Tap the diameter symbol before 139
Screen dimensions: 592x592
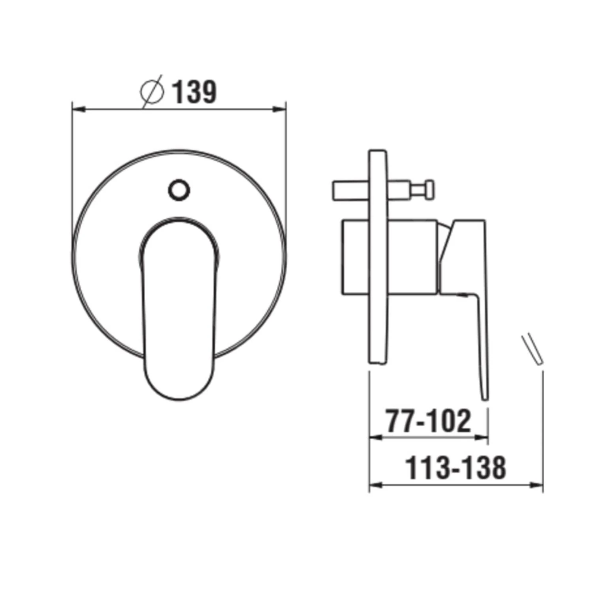[152, 92]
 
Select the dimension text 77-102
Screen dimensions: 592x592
[429, 421]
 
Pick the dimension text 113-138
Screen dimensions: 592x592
[456, 468]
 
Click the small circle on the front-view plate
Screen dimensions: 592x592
[179, 190]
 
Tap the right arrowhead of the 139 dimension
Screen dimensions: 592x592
[279, 109]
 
